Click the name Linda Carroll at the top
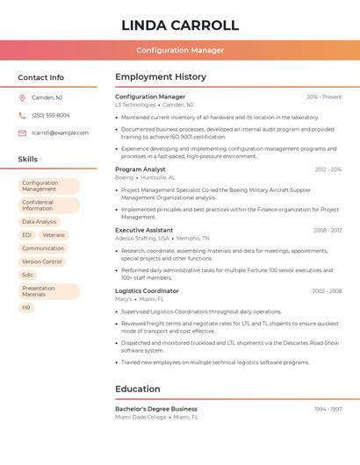(x=180, y=25)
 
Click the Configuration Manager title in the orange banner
(x=180, y=50)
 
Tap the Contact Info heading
(x=41, y=77)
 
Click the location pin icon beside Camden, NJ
(x=22, y=97)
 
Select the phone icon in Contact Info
(x=22, y=115)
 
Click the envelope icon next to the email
(x=22, y=132)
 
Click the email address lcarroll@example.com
(x=60, y=132)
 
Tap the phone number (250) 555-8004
(x=50, y=115)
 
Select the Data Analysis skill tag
(x=40, y=222)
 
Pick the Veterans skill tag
(x=54, y=235)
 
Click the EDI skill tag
(x=27, y=235)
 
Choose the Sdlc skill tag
(x=28, y=275)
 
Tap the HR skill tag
(x=26, y=308)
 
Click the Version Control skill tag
(x=42, y=261)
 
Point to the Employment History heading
(x=161, y=77)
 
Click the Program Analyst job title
(x=140, y=168)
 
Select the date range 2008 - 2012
(x=328, y=230)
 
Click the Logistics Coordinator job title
(x=147, y=290)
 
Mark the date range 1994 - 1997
(x=328, y=409)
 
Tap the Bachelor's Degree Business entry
(x=156, y=409)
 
